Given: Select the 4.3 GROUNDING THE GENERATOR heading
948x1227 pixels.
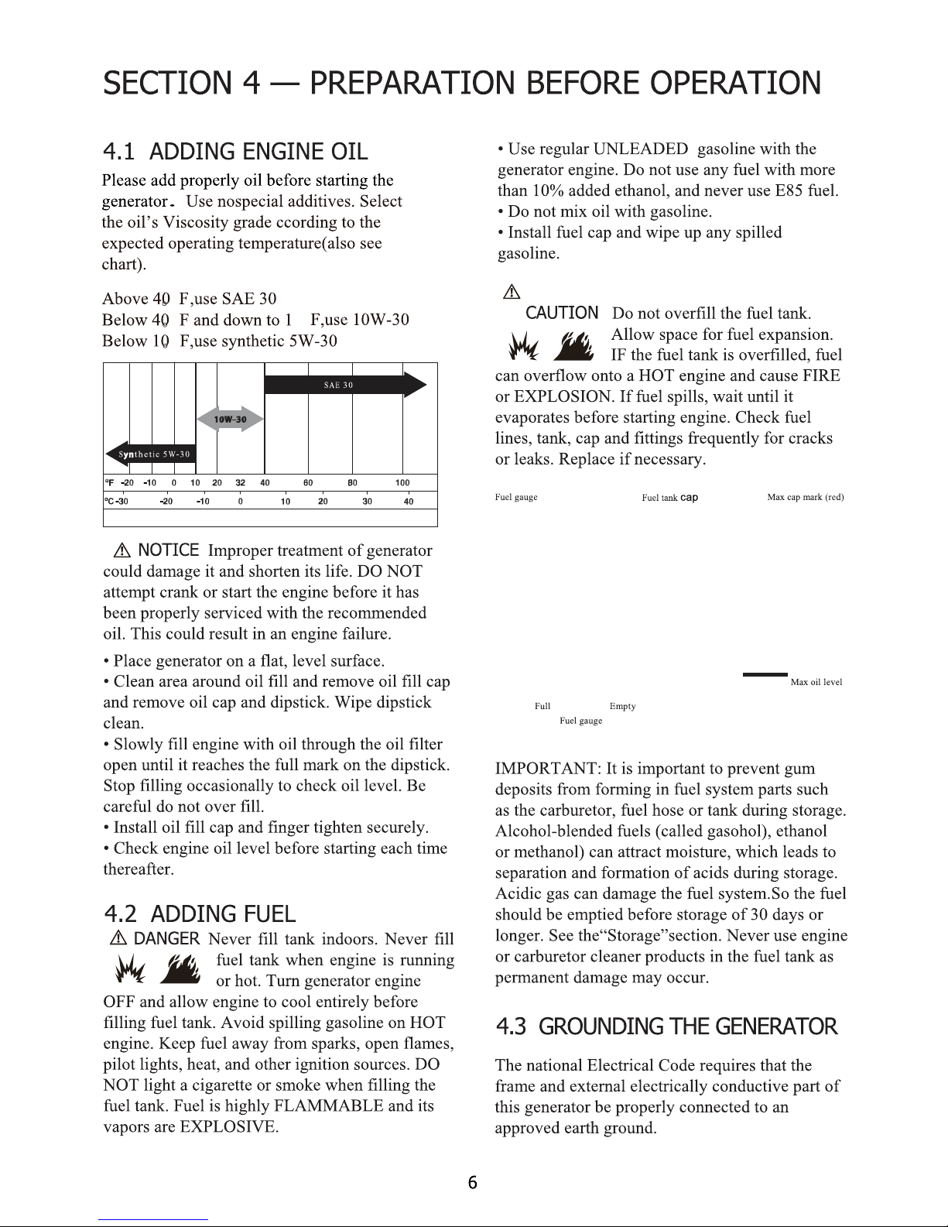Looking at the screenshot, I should pyautogui.click(x=666, y=1027).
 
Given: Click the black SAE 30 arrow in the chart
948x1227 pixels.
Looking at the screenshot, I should pyautogui.click(x=344, y=385).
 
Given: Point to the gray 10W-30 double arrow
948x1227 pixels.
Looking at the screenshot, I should pyautogui.click(x=231, y=420).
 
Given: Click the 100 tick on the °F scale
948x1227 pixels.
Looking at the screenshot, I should pyautogui.click(x=402, y=483).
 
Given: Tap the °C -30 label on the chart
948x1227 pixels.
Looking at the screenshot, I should pyautogui.click(x=116, y=502).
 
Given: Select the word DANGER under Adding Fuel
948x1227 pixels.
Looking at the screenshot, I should pyautogui.click(x=167, y=940).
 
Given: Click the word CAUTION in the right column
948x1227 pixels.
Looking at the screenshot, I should pyautogui.click(x=562, y=313).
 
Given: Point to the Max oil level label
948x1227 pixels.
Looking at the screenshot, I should pyautogui.click(x=816, y=683).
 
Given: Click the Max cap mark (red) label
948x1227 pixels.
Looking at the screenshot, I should pyautogui.click(x=805, y=497).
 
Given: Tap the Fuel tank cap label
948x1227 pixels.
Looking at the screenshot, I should pyautogui.click(x=669, y=498).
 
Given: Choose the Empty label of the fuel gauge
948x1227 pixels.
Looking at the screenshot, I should pyautogui.click(x=622, y=707).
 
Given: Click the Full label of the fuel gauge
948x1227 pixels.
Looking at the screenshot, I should pyautogui.click(x=542, y=707).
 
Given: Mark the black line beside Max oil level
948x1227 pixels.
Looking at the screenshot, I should pyautogui.click(x=765, y=675).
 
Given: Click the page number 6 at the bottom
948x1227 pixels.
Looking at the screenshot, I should pyautogui.click(x=474, y=1183).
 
